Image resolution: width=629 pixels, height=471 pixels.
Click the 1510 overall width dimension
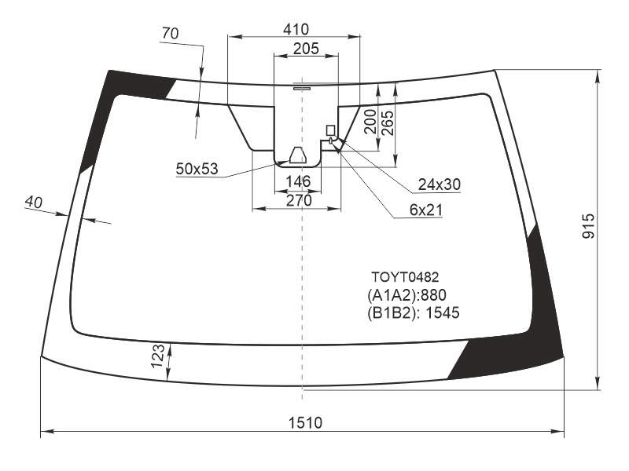point(305,423)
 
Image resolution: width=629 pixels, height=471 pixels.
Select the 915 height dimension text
point(589,226)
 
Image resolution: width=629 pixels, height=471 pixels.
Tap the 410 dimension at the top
point(296,29)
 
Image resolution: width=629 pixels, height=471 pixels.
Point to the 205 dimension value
point(306,49)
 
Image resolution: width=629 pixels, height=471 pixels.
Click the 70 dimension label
point(170,34)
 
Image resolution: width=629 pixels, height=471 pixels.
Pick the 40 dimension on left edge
point(33,203)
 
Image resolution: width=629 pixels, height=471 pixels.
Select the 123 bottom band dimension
point(158,356)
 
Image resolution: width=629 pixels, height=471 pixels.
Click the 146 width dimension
point(299,181)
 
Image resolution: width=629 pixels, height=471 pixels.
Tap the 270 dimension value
point(299,200)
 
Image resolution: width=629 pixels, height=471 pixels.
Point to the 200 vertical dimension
point(370,122)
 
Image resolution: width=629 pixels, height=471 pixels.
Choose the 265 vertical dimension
point(387,123)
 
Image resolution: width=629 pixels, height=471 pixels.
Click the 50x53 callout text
point(197,169)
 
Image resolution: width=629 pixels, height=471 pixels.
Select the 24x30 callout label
point(440,184)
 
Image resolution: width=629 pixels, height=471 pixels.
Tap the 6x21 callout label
point(425,210)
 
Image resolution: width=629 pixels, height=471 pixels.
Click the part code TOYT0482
point(405,277)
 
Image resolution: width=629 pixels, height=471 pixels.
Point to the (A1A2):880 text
point(406,295)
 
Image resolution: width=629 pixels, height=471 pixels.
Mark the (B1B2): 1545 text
point(414,312)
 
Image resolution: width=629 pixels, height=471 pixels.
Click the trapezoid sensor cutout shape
point(298,155)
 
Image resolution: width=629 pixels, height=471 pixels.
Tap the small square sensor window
point(330,130)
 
